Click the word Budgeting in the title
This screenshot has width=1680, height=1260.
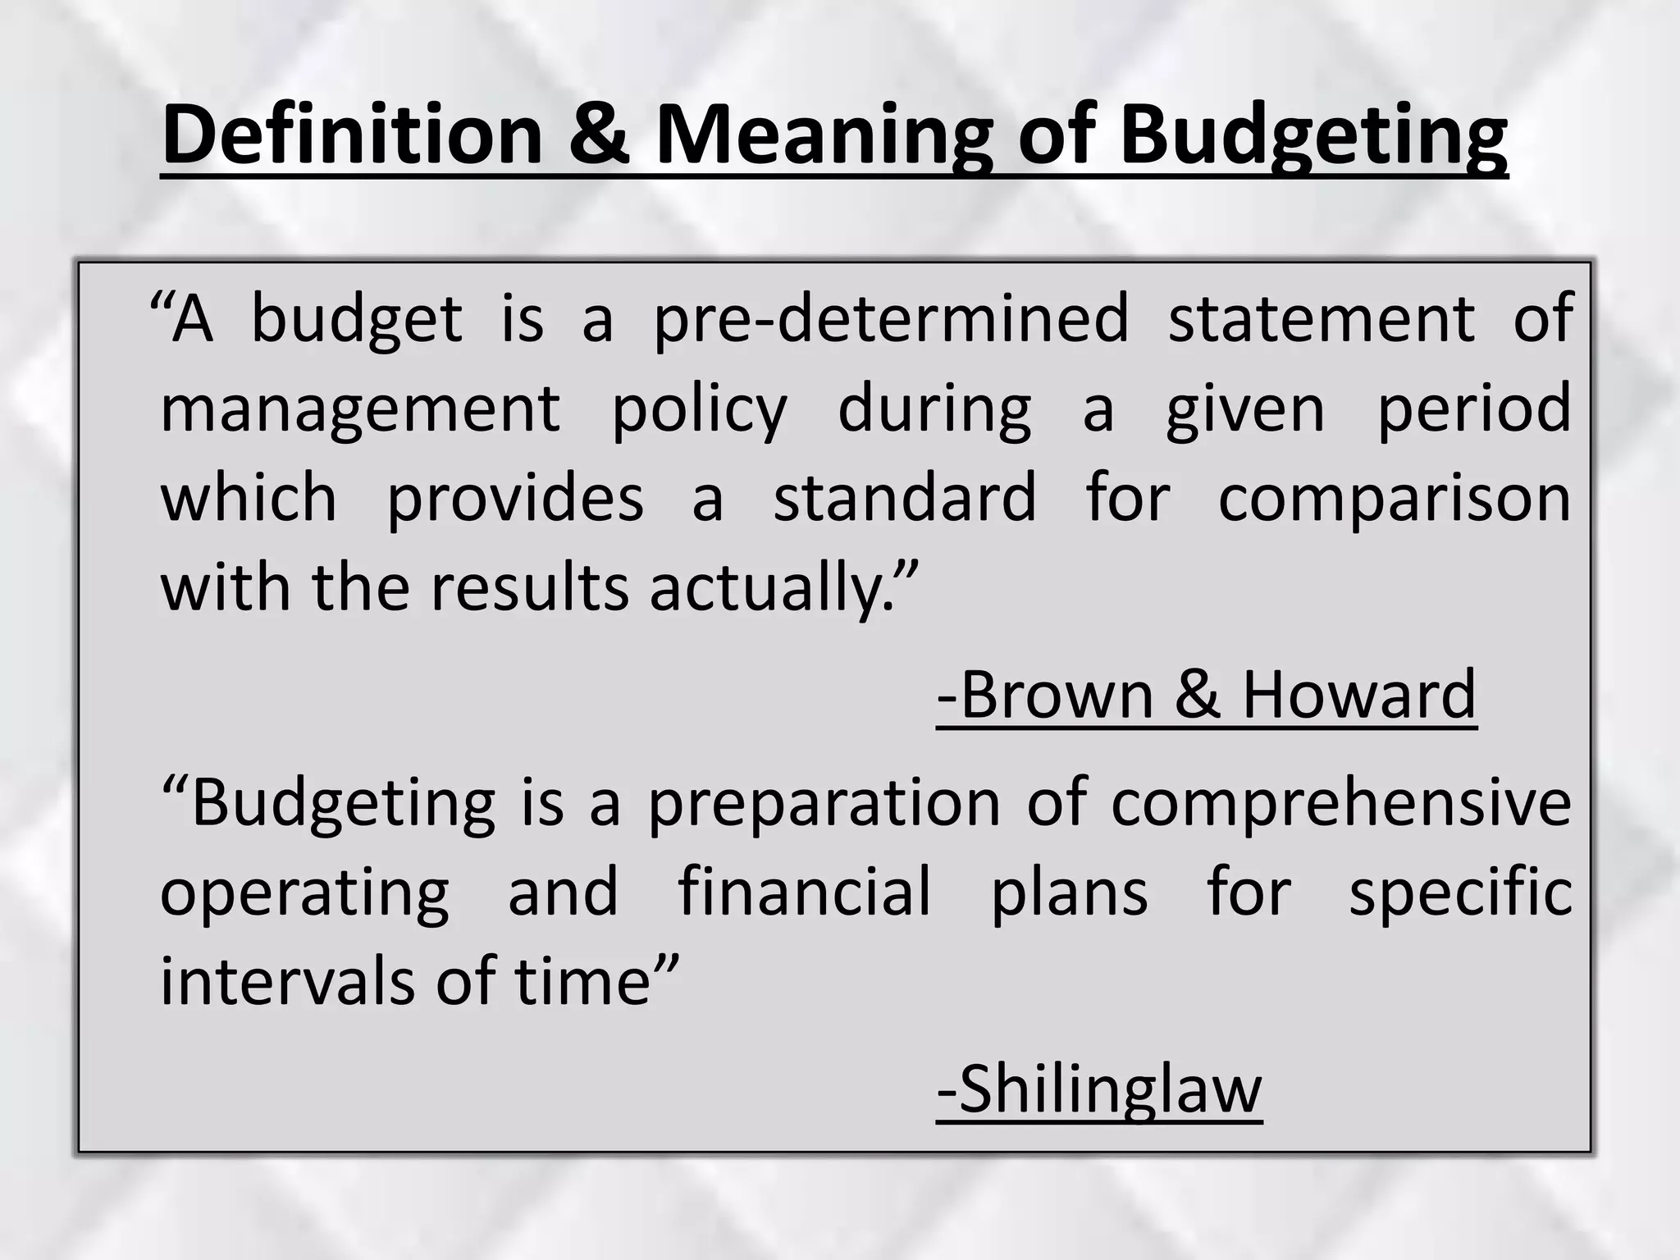(x=1313, y=135)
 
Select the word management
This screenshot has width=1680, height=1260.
(x=360, y=410)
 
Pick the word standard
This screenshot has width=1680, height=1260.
(x=905, y=498)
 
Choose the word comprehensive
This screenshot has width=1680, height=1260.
(x=1341, y=804)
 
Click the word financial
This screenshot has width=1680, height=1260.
(x=805, y=892)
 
